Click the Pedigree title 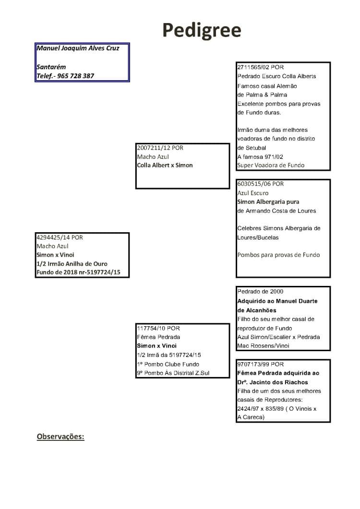[202, 31]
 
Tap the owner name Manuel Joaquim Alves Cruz [78, 48]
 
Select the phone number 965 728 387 [75, 76]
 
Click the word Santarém [51, 67]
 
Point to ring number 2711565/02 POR [260, 67]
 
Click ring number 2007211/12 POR [160, 148]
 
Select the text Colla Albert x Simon [165, 165]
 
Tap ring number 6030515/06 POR [260, 184]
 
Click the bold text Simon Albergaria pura [268, 201]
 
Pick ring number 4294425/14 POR [60, 237]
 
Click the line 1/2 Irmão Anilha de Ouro [72, 263]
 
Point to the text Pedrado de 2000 [260, 292]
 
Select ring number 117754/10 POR [158, 328]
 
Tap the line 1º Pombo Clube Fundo [168, 364]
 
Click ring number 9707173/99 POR [260, 364]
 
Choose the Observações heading [60, 437]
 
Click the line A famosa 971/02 [260, 156]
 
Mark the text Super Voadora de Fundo [271, 165]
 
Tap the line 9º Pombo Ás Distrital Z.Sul [173, 373]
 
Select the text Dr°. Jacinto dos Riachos [273, 382]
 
